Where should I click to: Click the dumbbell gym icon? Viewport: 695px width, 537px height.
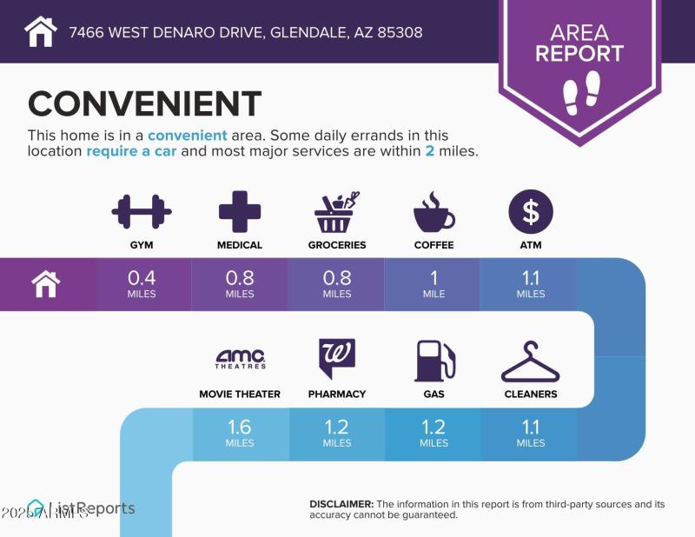(x=142, y=212)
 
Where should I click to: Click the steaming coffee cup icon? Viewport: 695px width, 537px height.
(x=434, y=212)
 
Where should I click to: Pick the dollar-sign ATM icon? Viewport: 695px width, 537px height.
(x=530, y=212)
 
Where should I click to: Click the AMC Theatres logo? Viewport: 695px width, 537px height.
(x=240, y=359)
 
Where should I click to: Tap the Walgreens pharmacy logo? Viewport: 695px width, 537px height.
(x=337, y=359)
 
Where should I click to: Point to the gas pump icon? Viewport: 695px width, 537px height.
(x=434, y=360)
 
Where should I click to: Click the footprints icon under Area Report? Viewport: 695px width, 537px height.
(x=580, y=90)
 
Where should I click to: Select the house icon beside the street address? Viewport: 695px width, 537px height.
(x=41, y=32)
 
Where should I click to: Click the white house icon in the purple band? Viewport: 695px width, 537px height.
(x=45, y=283)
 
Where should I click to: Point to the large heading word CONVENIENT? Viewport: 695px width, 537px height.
(x=144, y=104)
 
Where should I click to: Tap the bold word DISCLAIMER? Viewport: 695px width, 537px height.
(x=341, y=504)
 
